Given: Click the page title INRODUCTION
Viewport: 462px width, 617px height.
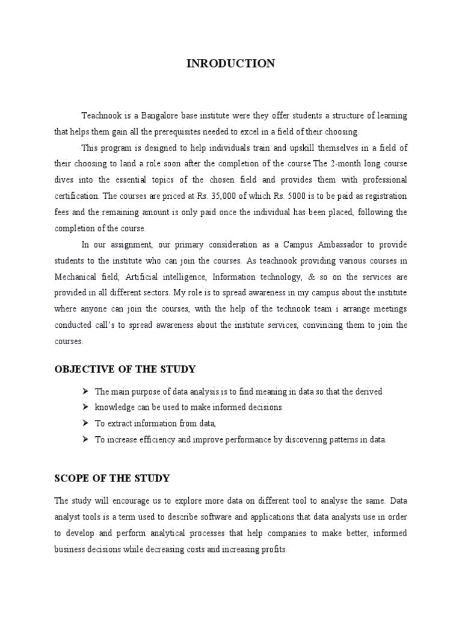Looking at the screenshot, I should [x=230, y=63].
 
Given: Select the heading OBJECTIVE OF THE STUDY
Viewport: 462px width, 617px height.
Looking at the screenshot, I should [x=125, y=369].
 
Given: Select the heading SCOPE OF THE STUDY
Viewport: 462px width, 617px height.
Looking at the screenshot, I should [x=112, y=478].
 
